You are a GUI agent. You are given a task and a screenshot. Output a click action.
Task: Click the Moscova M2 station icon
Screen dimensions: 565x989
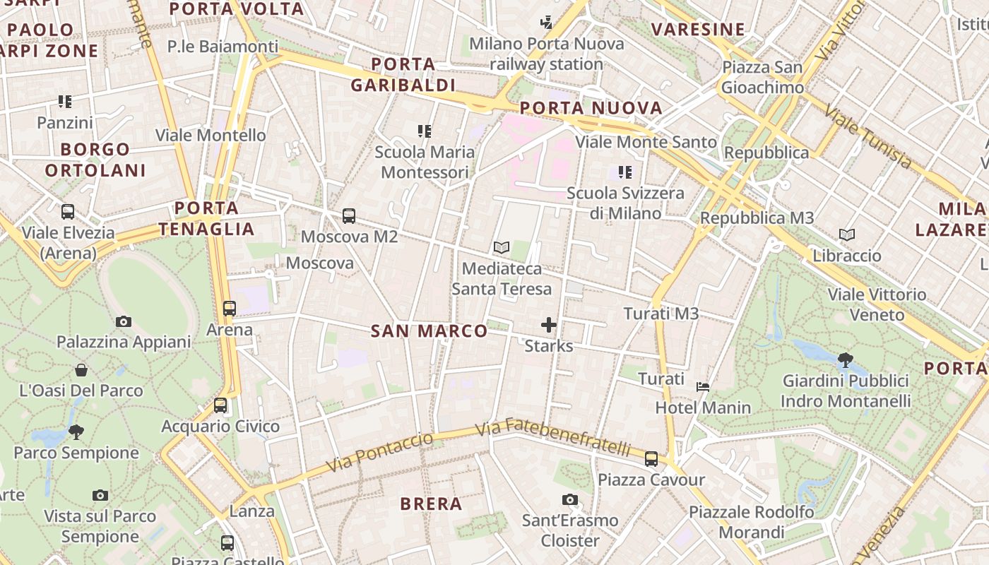[x=348, y=216]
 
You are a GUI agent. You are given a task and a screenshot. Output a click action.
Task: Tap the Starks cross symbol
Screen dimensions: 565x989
[x=549, y=325]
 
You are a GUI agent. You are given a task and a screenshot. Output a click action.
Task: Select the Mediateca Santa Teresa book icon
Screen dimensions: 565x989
[x=502, y=248]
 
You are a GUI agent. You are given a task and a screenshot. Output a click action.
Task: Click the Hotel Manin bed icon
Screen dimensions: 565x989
[x=703, y=387]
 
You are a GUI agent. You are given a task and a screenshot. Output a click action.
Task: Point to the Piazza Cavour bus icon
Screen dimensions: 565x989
[x=651, y=459]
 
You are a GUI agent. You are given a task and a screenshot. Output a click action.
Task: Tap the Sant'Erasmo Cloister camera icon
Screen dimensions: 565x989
[x=570, y=500]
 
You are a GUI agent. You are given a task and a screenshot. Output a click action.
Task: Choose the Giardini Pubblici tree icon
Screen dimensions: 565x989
[x=845, y=360]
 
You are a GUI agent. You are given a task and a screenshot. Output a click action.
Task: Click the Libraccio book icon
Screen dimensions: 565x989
[x=846, y=234]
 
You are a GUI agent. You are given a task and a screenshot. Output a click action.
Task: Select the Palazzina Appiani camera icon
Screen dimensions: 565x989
[x=124, y=322]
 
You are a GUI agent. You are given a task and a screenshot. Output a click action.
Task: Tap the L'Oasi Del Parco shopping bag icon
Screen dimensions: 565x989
[x=81, y=370]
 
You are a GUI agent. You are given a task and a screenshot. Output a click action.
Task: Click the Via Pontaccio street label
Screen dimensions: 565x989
[x=380, y=452]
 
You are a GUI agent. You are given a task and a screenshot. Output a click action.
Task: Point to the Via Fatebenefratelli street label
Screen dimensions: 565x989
[x=552, y=436]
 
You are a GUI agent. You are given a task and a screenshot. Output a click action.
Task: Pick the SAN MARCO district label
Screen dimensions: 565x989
[x=429, y=331]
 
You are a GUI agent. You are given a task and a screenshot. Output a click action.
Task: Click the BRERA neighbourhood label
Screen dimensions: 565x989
[x=431, y=504]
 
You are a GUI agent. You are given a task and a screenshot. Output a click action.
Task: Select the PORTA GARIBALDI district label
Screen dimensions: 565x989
[x=403, y=74]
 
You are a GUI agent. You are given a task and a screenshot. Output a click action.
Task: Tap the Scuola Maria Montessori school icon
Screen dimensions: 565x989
[x=425, y=131]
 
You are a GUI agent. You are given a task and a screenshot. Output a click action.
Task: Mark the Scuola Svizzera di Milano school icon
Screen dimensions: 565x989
[x=624, y=172]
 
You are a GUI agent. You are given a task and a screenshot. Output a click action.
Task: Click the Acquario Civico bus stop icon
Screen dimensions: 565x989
[x=220, y=405]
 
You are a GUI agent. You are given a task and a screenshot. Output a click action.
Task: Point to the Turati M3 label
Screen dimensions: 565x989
[x=661, y=313]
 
